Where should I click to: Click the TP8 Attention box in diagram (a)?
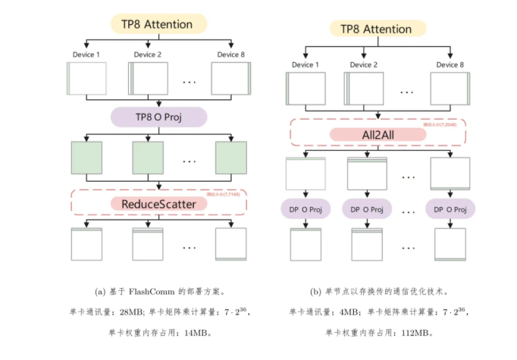[159, 25]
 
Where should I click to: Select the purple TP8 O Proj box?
[159, 117]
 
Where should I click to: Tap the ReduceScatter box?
[159, 203]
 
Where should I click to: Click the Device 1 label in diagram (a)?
[86, 55]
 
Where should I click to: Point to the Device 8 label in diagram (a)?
[230, 55]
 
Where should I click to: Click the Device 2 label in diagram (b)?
[362, 64]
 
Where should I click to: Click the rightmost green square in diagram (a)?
[230, 158]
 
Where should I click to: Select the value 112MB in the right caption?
[415, 332]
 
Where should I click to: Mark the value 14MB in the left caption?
[199, 332]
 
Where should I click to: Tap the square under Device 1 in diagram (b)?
[306, 88]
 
